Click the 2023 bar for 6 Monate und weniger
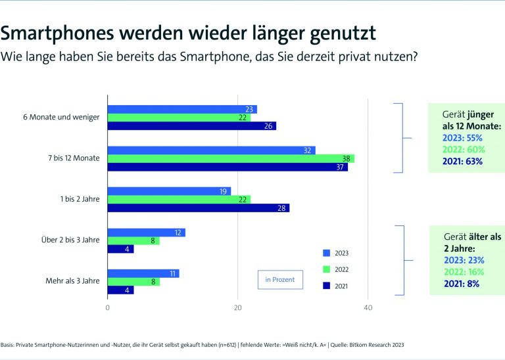(x=181, y=109)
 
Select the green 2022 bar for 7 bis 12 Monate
(x=230, y=158)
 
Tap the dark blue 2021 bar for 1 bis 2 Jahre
(x=198, y=208)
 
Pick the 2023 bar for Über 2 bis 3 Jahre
(x=146, y=233)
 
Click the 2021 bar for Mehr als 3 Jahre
(x=120, y=290)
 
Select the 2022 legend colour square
(x=326, y=269)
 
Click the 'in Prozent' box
(x=279, y=280)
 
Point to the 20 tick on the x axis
(x=238, y=307)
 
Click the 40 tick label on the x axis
(x=368, y=307)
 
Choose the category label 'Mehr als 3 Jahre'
(x=72, y=281)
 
